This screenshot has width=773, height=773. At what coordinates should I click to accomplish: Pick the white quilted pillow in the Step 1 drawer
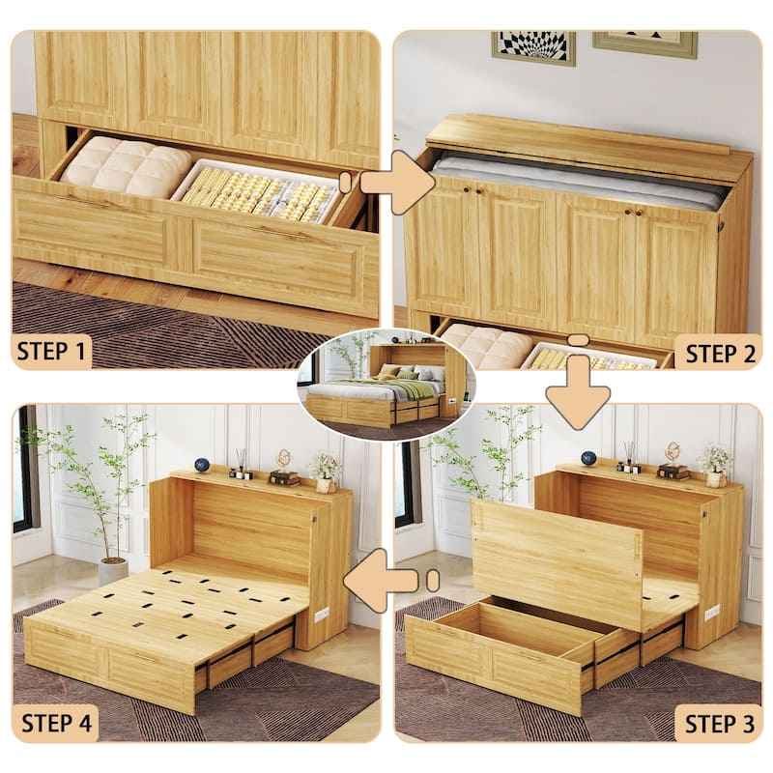coord(126,165)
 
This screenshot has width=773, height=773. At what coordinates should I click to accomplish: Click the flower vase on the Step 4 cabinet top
coord(324,470)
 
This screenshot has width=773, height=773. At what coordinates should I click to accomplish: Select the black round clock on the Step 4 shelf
coord(202,465)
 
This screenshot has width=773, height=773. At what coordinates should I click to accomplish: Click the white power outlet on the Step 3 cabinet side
coord(712,612)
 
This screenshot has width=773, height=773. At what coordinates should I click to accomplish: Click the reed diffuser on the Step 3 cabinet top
coord(630,456)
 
